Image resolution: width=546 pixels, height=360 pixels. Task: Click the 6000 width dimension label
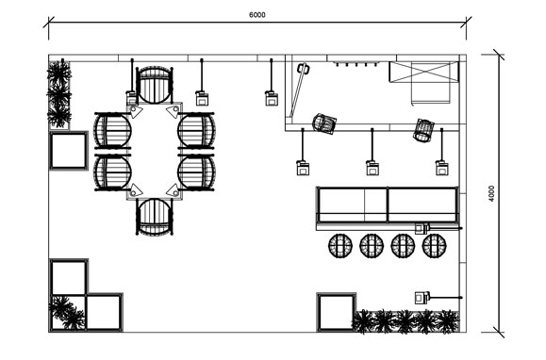click(x=257, y=15)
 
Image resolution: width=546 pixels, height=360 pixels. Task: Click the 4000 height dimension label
click(x=491, y=193)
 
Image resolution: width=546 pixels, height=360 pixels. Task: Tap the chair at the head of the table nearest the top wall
click(x=155, y=85)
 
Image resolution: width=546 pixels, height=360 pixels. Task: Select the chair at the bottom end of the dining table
click(x=155, y=217)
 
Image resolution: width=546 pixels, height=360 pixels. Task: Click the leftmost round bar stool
click(x=340, y=246)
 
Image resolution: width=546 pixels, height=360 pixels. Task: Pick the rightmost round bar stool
click(x=434, y=246)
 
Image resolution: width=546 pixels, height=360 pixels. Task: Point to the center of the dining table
click(x=155, y=151)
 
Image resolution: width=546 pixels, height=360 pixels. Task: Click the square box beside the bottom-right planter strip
click(x=337, y=312)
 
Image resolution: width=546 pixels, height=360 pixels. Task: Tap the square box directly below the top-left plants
click(x=69, y=150)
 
